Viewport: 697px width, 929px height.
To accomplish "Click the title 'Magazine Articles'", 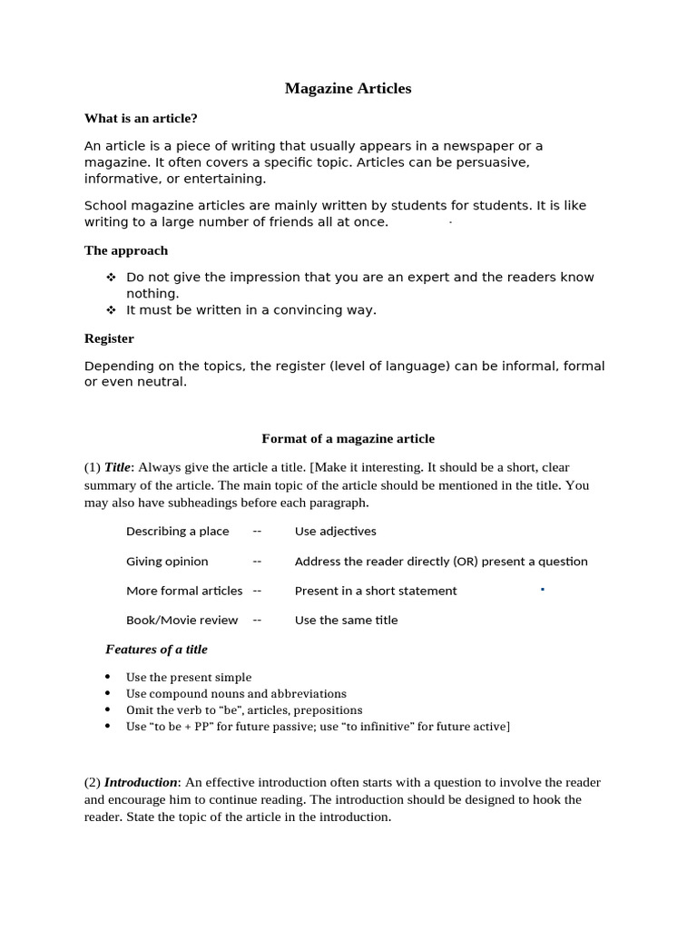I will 348,89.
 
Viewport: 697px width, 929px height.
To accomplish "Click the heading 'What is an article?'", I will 141,118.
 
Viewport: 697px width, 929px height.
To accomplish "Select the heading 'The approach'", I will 126,250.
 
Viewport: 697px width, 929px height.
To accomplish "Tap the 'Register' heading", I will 109,338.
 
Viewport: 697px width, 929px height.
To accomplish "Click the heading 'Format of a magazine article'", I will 348,439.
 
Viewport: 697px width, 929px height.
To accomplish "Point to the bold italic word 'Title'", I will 118,467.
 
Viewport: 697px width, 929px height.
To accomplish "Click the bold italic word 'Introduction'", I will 141,782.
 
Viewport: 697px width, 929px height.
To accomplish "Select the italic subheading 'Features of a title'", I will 156,650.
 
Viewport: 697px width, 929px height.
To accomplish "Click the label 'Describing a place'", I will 178,532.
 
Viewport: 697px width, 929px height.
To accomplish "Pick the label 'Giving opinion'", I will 167,562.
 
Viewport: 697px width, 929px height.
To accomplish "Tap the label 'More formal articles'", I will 184,591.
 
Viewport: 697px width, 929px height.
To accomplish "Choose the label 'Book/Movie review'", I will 182,621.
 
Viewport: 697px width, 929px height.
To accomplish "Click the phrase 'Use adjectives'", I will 335,532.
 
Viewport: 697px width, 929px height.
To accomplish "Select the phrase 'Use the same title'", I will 346,621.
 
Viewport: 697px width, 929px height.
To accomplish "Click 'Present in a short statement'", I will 376,591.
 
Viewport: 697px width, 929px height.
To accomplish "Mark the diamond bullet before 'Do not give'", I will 111,278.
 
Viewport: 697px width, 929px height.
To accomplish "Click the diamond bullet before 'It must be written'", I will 111,310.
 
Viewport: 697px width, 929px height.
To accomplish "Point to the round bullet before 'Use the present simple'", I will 108,677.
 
